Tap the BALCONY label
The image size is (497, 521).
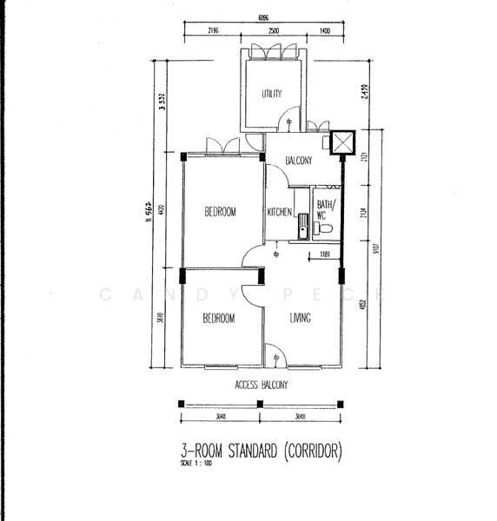tap(299, 161)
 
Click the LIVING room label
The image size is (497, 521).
tap(300, 319)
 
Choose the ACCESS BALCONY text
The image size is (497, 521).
tap(261, 384)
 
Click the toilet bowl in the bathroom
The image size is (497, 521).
tap(324, 228)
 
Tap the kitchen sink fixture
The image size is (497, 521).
tap(302, 226)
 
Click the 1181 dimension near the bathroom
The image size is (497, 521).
tap(324, 254)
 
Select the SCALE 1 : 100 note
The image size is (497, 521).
tap(195, 464)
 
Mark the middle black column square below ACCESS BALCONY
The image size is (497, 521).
tap(262, 403)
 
